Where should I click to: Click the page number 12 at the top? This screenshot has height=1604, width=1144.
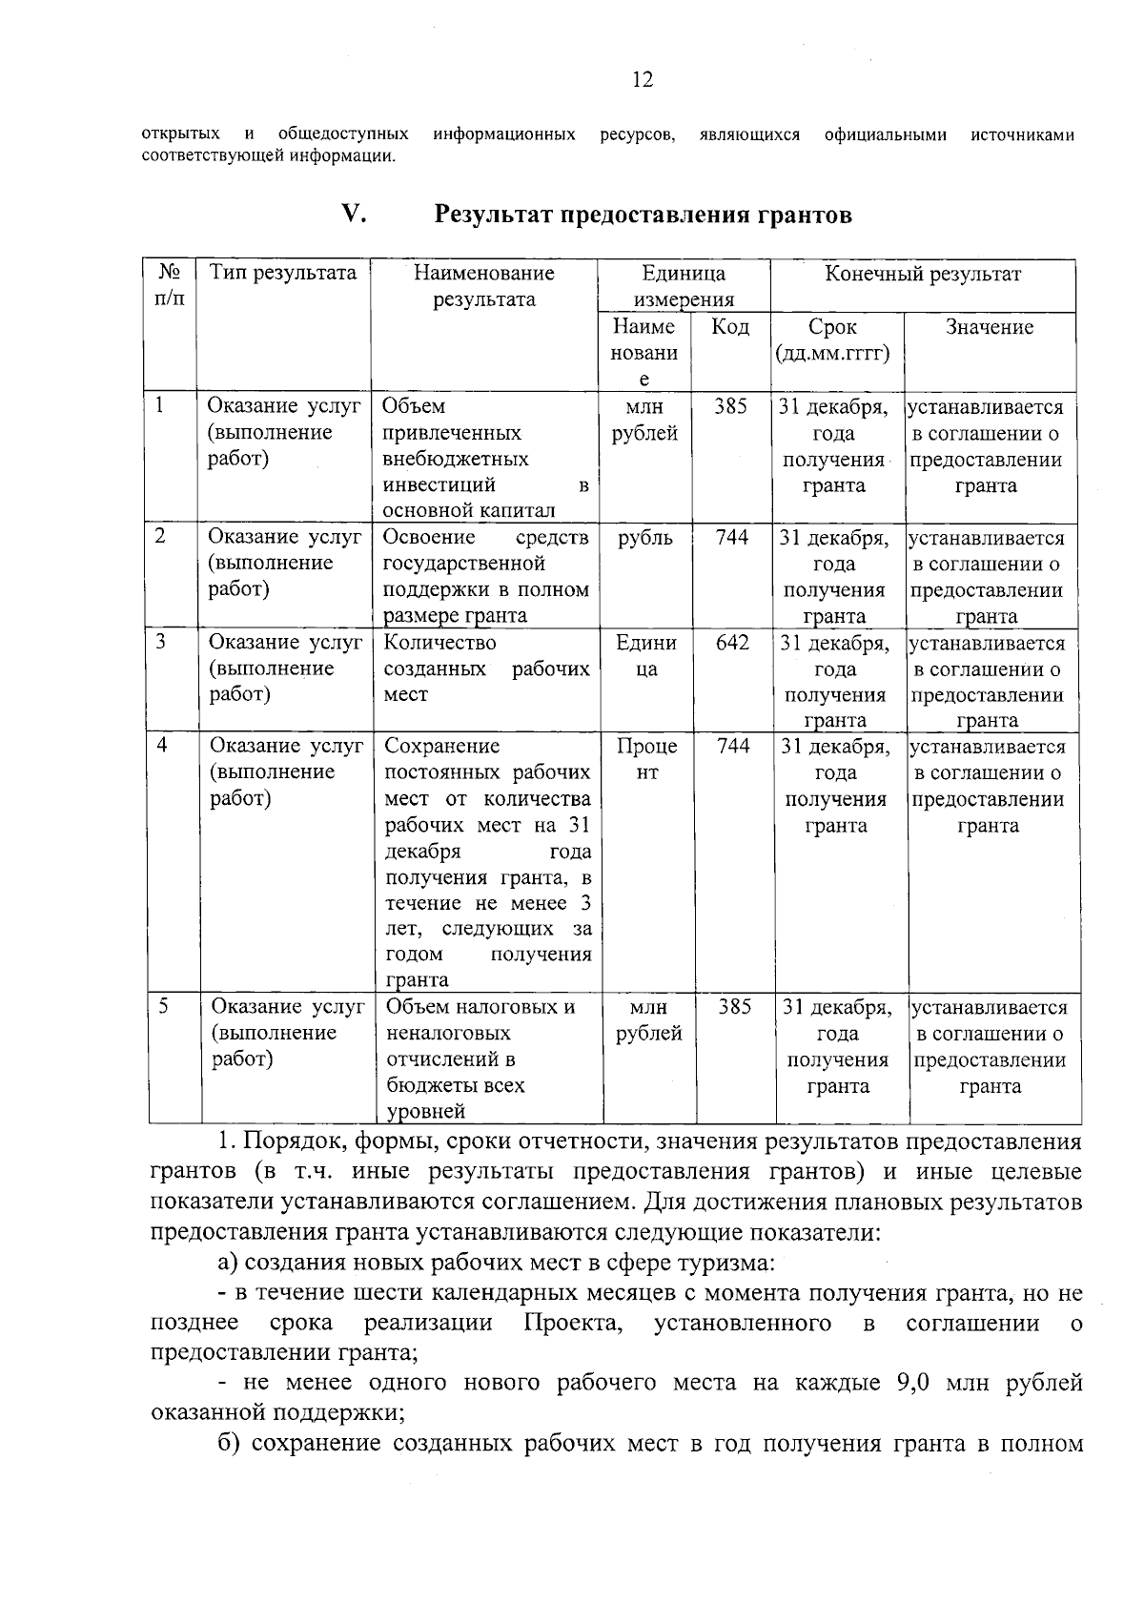coord(643,80)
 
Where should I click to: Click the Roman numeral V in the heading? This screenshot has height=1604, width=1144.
coord(354,215)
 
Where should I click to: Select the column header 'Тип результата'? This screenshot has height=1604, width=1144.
coord(283,274)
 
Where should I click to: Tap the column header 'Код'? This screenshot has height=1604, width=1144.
coord(730,327)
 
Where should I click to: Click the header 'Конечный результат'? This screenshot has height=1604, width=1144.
coord(922,275)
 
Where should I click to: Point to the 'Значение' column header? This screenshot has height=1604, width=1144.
coord(989,327)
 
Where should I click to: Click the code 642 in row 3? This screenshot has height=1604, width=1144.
coord(732,643)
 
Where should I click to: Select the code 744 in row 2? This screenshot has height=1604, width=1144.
coord(731,538)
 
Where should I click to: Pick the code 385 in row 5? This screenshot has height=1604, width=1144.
coord(734,1007)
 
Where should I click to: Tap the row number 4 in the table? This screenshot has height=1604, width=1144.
coord(162,746)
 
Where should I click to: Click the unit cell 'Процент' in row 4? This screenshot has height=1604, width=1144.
coord(646,759)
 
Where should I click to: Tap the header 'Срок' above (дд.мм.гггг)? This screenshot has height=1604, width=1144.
coord(832,327)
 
